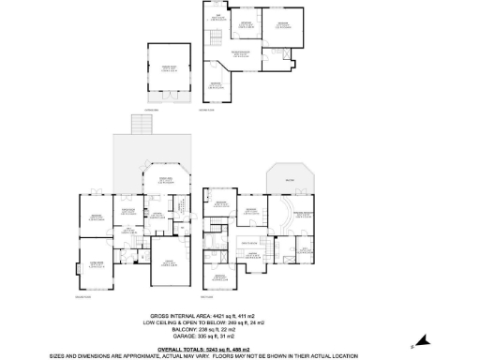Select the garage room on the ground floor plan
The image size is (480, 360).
(x=170, y=262)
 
